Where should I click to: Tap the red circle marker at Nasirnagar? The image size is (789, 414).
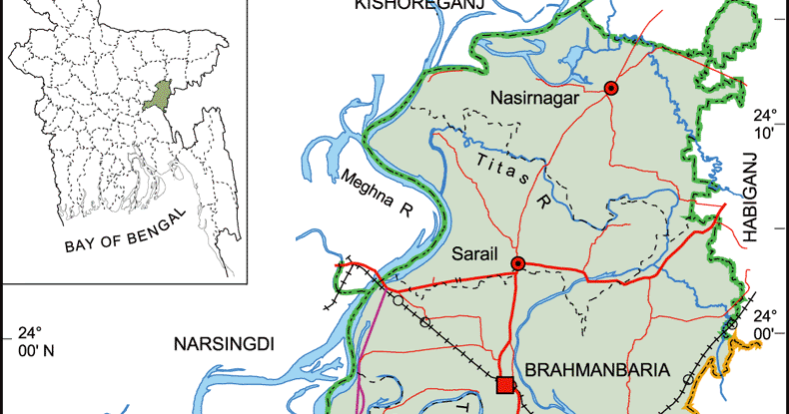[x=611, y=89]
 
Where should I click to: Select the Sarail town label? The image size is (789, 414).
[x=472, y=253]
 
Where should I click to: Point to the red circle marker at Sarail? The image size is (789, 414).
[x=518, y=263]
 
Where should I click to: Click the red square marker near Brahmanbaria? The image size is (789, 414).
[x=505, y=385]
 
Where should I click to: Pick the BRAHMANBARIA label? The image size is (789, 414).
[x=596, y=369]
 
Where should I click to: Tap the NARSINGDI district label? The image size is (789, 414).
[x=225, y=344]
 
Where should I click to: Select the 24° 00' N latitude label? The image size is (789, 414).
[x=27, y=341]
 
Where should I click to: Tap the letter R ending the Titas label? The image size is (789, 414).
[x=545, y=203]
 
